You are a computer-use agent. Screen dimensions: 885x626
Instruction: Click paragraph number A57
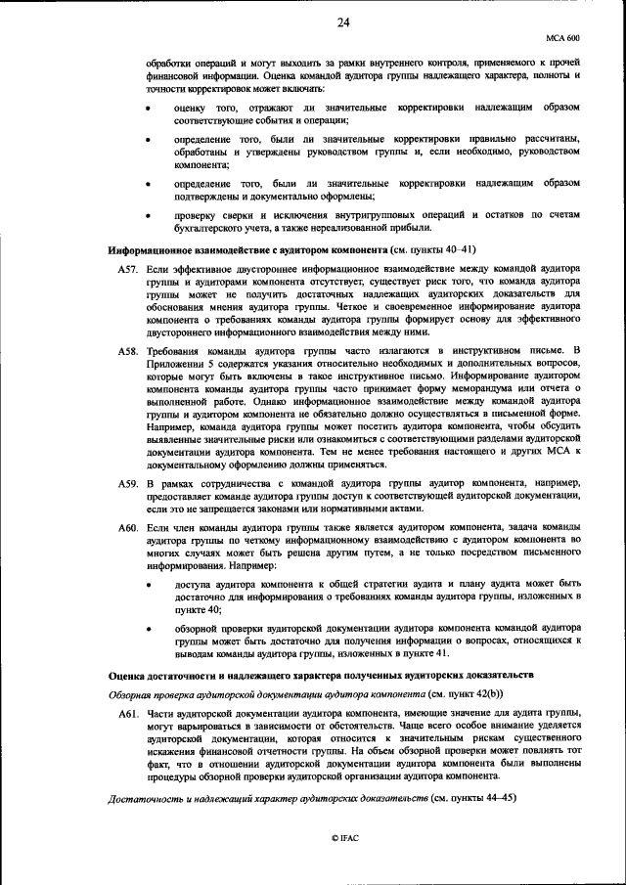coord(128,267)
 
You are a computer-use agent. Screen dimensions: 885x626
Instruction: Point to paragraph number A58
coord(128,349)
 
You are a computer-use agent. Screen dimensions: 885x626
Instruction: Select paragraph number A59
coord(128,484)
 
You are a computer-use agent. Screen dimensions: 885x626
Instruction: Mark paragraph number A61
coord(128,715)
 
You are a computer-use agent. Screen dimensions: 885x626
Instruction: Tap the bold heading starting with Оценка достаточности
coord(320,676)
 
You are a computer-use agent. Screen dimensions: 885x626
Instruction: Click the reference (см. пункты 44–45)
coord(472,798)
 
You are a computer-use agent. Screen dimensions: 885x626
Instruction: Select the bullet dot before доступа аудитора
coord(147,586)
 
